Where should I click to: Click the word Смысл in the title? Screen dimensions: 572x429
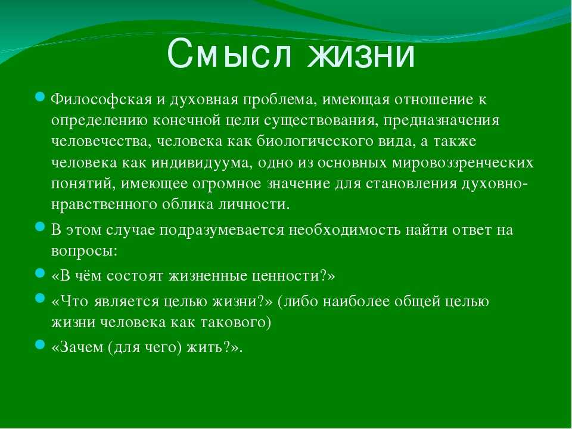coord(230,54)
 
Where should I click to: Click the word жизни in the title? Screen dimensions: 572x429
coord(361,55)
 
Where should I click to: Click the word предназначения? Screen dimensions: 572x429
coord(441,121)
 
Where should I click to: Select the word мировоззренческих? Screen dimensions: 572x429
coord(462,163)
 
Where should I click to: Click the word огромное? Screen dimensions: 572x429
coord(226,184)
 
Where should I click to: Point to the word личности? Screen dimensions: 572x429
coord(254,204)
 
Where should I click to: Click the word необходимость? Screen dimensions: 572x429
coord(345,230)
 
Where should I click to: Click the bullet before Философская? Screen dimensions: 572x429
coord(40,97)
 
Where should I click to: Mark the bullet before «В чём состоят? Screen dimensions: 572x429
coord(40,273)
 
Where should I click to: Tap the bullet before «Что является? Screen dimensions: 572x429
coord(40,299)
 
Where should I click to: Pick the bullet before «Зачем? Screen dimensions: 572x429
coord(40,344)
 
